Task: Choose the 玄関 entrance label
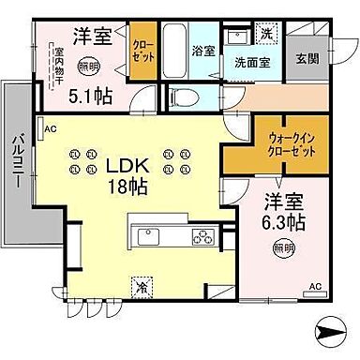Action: tap(305, 61)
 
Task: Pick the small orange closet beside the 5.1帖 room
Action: tap(143, 47)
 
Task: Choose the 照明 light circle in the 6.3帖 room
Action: tap(282, 247)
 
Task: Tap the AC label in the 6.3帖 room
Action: tap(316, 285)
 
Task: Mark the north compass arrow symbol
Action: tap(331, 329)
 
